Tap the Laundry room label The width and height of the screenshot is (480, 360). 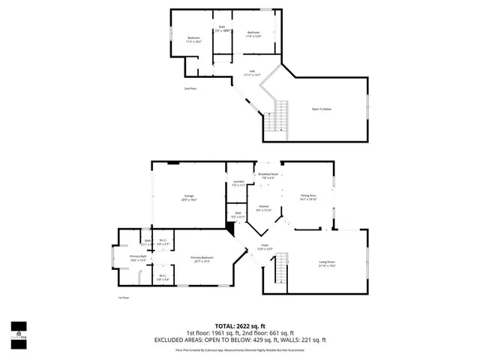point(238,181)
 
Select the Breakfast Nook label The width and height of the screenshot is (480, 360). point(268,174)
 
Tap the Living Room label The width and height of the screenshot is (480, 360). point(327,262)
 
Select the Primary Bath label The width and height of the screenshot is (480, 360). point(137,256)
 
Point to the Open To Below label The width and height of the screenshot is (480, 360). point(322,109)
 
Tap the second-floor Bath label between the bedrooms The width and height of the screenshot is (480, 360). point(221,28)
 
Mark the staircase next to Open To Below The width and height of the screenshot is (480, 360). point(283,116)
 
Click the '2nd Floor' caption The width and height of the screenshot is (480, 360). point(190,88)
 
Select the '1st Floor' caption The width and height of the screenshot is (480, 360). point(122,298)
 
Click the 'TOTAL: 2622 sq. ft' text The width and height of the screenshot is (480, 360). point(240,327)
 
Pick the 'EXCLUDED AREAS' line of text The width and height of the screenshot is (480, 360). point(240,340)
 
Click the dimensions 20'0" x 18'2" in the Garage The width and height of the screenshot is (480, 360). point(188,200)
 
